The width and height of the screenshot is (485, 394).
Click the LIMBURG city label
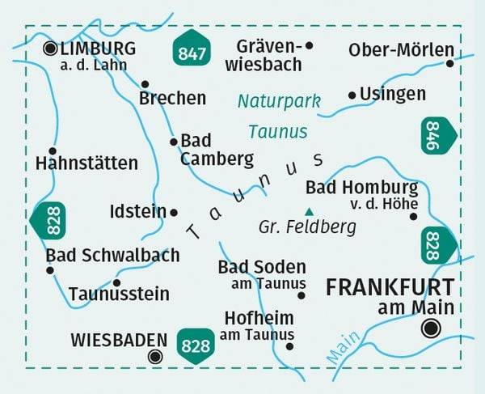(x=98, y=49)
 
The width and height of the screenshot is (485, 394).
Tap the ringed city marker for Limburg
(x=50, y=49)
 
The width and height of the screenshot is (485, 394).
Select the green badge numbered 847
(x=191, y=53)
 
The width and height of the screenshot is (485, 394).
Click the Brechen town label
(x=172, y=99)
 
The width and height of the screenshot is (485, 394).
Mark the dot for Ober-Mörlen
(x=450, y=63)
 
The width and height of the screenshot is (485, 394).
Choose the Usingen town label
(x=393, y=94)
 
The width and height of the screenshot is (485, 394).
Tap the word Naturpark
(x=279, y=101)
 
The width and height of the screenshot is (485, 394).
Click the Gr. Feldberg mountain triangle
(x=306, y=212)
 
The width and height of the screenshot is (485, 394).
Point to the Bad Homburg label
(x=361, y=189)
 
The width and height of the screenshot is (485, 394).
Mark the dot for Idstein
(x=173, y=212)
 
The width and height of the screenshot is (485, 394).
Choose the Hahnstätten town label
(x=86, y=163)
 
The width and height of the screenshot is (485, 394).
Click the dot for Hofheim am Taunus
(x=290, y=346)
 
